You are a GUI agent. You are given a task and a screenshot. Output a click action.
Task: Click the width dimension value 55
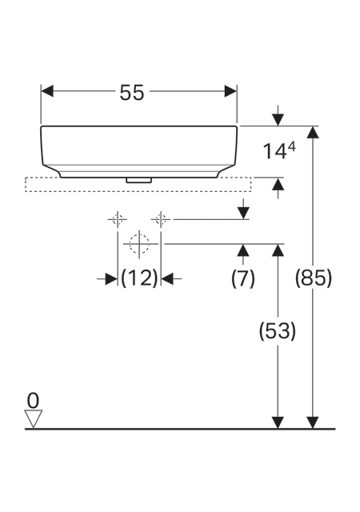(x=132, y=93)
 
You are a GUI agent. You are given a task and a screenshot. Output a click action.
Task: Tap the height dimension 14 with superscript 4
(x=279, y=151)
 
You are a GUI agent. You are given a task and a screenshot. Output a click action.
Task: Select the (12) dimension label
(x=139, y=278)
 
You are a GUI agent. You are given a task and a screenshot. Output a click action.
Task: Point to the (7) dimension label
(x=242, y=279)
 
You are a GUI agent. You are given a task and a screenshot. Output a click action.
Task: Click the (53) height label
(x=278, y=331)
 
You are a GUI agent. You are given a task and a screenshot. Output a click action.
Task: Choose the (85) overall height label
(x=314, y=278)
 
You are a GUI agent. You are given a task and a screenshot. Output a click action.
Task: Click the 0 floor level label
(x=33, y=401)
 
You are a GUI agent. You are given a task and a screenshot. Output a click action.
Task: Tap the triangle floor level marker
(x=34, y=418)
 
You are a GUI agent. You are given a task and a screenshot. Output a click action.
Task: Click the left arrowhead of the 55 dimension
(x=47, y=91)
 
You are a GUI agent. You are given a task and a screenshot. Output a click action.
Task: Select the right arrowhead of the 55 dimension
(x=230, y=91)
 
